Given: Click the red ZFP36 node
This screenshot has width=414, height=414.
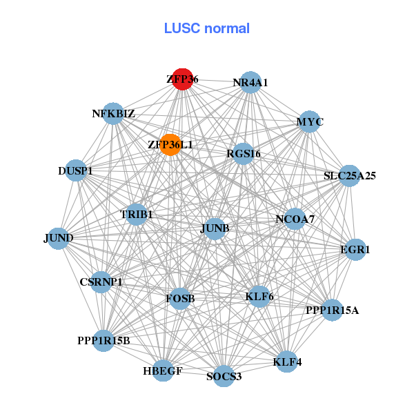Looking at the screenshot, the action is [182, 79].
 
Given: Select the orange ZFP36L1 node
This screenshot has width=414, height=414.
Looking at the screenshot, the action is [170, 145].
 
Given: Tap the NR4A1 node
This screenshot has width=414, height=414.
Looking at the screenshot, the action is [250, 82].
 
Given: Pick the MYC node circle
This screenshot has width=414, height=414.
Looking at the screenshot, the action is [309, 121].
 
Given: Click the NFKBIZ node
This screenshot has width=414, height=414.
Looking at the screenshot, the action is [113, 114].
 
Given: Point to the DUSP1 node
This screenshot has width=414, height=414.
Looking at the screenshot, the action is [75, 170].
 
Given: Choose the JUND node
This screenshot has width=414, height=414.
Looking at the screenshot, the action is [58, 238].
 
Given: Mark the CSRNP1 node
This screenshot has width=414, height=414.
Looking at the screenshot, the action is [101, 282].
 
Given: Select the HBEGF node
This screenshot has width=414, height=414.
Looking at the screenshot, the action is [163, 371].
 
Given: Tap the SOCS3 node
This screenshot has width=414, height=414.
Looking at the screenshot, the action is [224, 376].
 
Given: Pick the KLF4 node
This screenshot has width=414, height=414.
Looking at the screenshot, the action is [287, 361].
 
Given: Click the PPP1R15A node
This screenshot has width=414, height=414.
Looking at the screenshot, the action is [332, 310].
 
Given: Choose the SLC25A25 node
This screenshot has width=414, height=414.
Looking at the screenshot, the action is [350, 175].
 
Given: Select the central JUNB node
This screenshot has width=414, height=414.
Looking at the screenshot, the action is [215, 228].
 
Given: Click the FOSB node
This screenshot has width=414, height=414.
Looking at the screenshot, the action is [180, 299].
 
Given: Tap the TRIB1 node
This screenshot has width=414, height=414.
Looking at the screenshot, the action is [136, 214].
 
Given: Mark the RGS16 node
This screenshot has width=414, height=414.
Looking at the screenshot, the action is [243, 154].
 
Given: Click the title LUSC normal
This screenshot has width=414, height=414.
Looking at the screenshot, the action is [206, 28].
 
